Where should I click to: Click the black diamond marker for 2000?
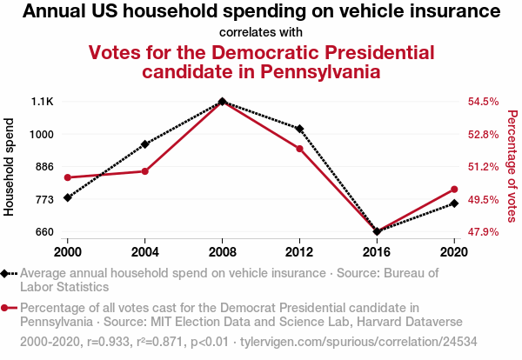pos(68,197)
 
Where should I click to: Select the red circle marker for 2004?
pos(145,171)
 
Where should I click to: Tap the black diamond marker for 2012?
pos(299,129)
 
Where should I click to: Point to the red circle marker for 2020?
pos(454,190)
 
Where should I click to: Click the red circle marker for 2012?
pos(299,149)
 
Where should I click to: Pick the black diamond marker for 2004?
pos(145,143)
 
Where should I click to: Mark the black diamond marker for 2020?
pos(454,203)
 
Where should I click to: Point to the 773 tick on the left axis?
pos(43,199)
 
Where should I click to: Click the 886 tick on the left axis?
pos(43,166)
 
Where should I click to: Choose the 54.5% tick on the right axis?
pos(483,102)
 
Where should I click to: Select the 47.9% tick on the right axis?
pos(483,232)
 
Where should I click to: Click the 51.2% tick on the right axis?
pos(483,166)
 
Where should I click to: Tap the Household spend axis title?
pos(10,166)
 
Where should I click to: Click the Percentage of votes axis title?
pos(512,166)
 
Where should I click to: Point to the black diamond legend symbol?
pos(7,273)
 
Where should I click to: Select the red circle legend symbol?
pos(7,308)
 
